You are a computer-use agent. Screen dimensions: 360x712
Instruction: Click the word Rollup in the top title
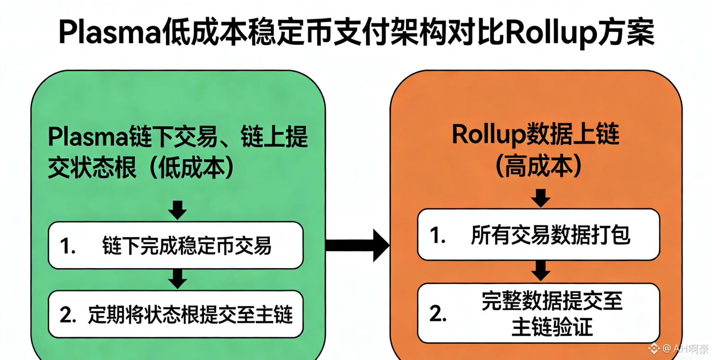click(x=550, y=32)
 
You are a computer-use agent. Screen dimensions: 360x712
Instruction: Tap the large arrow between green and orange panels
click(x=358, y=245)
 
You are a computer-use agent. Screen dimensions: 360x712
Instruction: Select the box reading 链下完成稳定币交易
click(x=175, y=245)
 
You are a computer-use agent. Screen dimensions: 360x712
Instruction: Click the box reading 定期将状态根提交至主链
click(x=175, y=314)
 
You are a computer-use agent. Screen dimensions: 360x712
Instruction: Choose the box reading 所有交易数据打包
click(x=538, y=235)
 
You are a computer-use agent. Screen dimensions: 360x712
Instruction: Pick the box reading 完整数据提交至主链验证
click(x=538, y=313)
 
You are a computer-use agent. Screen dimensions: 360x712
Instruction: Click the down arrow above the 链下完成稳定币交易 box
click(x=177, y=210)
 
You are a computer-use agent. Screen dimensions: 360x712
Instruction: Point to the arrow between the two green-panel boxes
click(x=177, y=279)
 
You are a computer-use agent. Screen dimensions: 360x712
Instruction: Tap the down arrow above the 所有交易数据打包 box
click(x=541, y=198)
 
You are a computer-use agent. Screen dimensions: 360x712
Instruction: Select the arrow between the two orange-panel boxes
click(x=541, y=271)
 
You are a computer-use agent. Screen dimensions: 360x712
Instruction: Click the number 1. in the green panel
click(x=68, y=246)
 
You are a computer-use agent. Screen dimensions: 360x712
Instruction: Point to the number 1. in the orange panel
click(x=438, y=236)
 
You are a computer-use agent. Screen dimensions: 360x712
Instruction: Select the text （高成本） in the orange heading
click(x=538, y=166)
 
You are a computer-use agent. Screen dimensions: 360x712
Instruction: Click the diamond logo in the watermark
click(x=654, y=348)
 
